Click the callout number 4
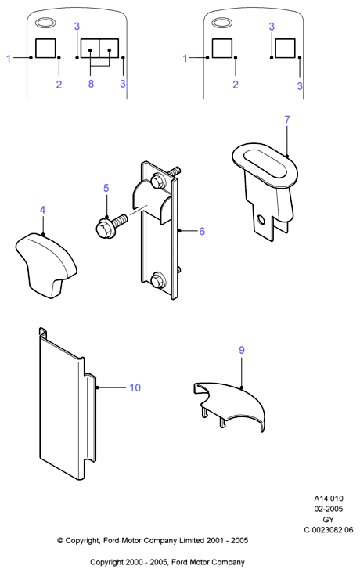(x=42, y=210)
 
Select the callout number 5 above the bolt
(x=106, y=188)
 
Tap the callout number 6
(x=202, y=232)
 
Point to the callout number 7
(x=287, y=120)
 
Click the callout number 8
(x=91, y=84)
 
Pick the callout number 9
(x=242, y=350)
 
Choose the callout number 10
(x=135, y=387)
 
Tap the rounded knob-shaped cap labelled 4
(x=46, y=264)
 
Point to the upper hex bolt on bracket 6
(x=157, y=181)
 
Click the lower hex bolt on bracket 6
(x=158, y=280)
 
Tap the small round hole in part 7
(x=261, y=220)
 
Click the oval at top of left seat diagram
(x=45, y=23)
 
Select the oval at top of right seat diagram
(x=222, y=23)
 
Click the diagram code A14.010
(x=329, y=499)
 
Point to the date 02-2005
(x=329, y=509)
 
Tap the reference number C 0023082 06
(x=329, y=530)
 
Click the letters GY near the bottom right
(x=329, y=519)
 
